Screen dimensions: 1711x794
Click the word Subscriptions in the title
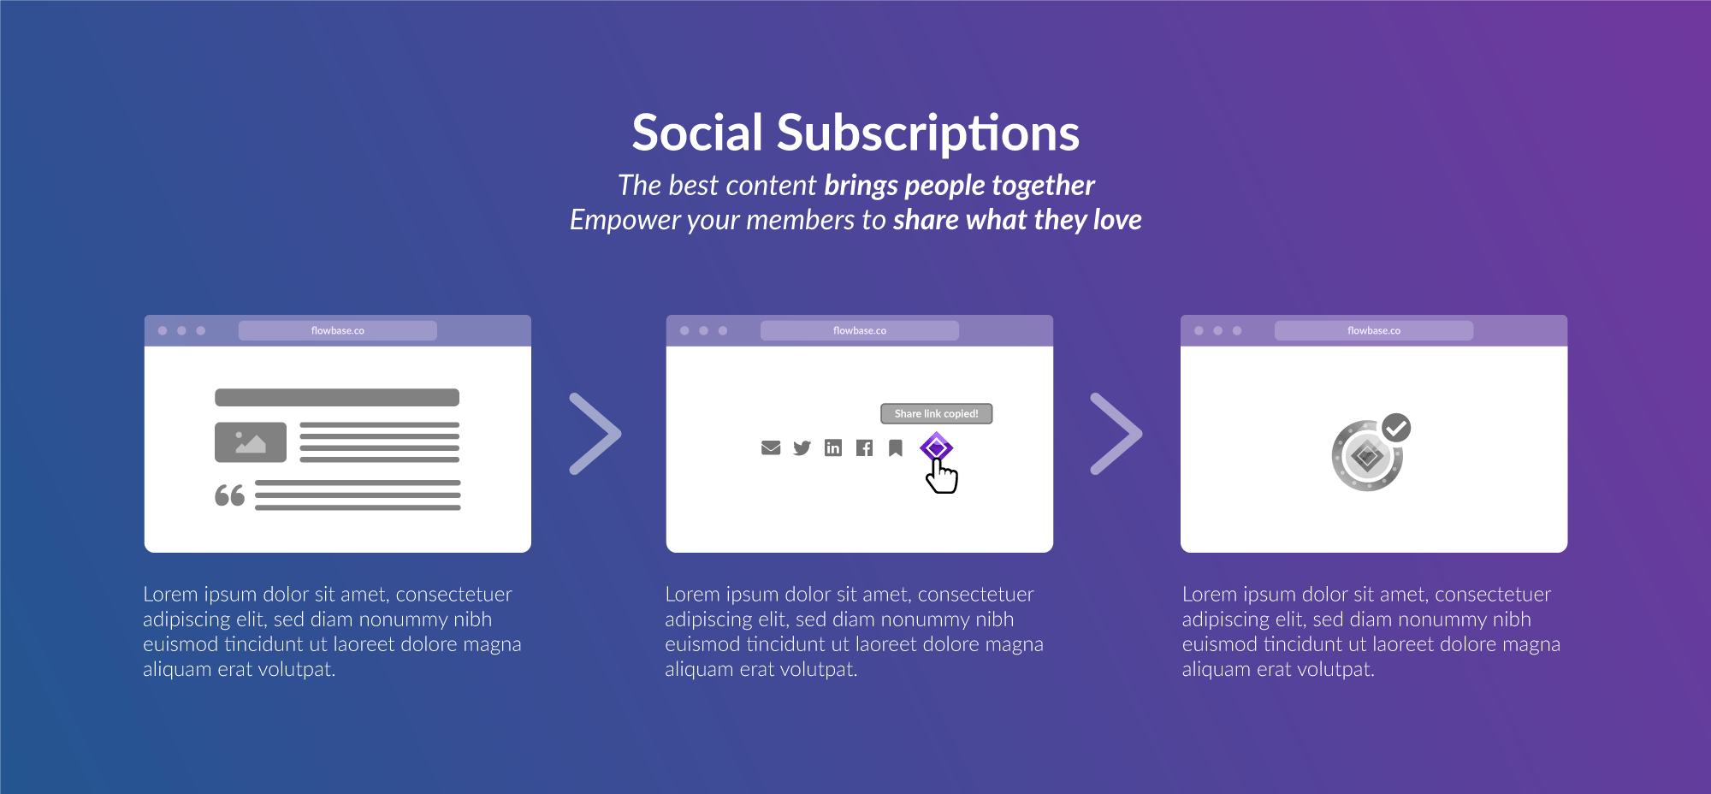coord(928,134)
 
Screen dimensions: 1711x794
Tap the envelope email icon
coord(771,447)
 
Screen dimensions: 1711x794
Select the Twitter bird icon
coord(802,447)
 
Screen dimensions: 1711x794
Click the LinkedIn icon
coord(833,447)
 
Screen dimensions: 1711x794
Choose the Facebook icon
coord(864,447)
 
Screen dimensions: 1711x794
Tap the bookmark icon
coord(896,447)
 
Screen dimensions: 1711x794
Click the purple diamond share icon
coord(936,447)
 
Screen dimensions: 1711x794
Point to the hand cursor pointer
coord(942,477)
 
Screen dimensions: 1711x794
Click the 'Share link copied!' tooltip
coord(937,413)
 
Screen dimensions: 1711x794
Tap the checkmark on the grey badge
coord(1396,427)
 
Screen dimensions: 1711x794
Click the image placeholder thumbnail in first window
coord(251,442)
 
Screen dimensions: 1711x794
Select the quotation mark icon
coord(229,495)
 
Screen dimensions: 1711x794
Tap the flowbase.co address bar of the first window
coord(338,330)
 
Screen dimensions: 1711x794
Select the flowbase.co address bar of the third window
coord(1374,330)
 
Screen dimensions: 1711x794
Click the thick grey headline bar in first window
coord(337,397)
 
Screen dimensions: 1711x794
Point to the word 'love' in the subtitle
coord(1117,220)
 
